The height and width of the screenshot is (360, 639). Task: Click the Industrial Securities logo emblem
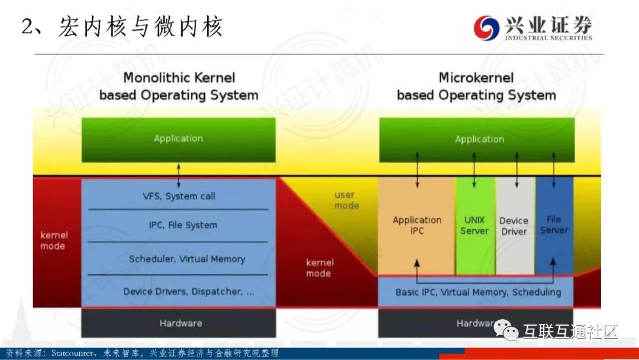pyautogui.click(x=487, y=28)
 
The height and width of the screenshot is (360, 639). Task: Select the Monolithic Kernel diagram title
pyautogui.click(x=179, y=86)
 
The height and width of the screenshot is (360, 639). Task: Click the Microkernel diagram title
pyautogui.click(x=476, y=86)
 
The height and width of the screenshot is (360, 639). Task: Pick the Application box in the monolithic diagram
pyautogui.click(x=178, y=139)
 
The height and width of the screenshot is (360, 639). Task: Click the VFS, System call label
pyautogui.click(x=179, y=196)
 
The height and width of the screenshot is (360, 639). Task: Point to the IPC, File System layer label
pyautogui.click(x=183, y=225)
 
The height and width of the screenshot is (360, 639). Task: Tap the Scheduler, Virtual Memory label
pyautogui.click(x=187, y=259)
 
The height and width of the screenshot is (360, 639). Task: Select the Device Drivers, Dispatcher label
pyautogui.click(x=189, y=291)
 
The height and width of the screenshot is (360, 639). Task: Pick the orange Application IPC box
pyautogui.click(x=417, y=225)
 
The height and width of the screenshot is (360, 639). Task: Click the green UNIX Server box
pyautogui.click(x=475, y=225)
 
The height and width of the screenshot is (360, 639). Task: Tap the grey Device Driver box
pyautogui.click(x=514, y=226)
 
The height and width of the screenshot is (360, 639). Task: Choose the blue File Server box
pyautogui.click(x=554, y=224)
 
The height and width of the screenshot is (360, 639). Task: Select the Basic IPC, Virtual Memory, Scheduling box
pyautogui.click(x=478, y=292)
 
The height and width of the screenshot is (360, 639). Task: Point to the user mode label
pyautogui.click(x=346, y=200)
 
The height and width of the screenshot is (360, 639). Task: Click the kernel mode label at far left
pyautogui.click(x=54, y=240)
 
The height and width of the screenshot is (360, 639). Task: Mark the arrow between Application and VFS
pyautogui.click(x=179, y=176)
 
